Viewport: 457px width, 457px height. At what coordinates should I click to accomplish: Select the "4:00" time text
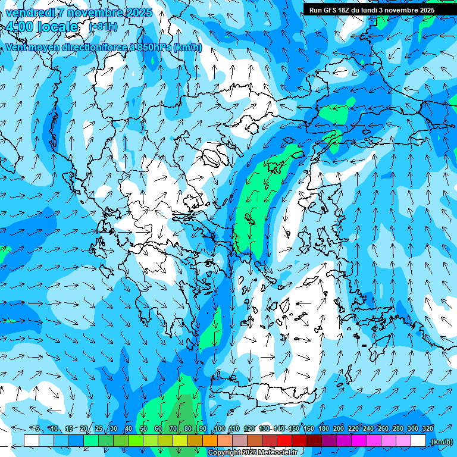pos(20,27)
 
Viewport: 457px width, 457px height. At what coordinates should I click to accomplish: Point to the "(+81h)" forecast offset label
pos(103,27)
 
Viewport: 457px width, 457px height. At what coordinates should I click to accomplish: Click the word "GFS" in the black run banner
pos(331,10)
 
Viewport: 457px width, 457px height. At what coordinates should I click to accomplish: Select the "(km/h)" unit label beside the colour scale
pos(441,442)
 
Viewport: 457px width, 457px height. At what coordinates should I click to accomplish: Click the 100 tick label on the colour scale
pos(219,428)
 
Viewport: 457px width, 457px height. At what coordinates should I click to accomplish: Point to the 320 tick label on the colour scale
pos(427,428)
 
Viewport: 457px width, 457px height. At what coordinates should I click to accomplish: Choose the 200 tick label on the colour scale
pos(338,428)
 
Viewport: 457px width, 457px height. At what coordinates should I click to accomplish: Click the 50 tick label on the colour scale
pos(143,428)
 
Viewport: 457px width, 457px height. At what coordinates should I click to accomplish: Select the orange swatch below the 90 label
pos(210,441)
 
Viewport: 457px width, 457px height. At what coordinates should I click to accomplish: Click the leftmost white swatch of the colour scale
pos(32,441)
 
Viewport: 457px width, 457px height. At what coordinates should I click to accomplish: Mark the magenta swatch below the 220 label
pos(359,441)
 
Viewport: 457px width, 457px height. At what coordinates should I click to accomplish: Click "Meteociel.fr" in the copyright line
pos(278,453)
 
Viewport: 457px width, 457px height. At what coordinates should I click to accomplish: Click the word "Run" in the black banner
pos(315,10)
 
